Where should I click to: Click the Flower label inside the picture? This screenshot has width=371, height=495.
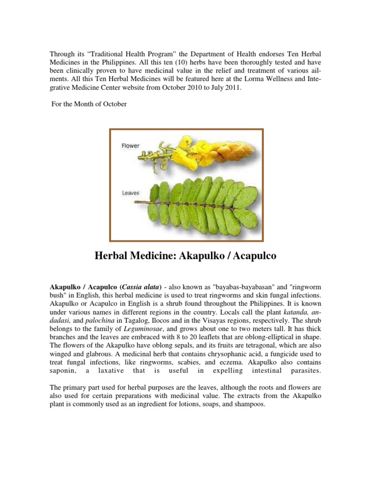pos(130,146)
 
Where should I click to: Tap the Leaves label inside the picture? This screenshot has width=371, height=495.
pos(130,193)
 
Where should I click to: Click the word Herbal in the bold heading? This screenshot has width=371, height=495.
pos(116,256)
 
